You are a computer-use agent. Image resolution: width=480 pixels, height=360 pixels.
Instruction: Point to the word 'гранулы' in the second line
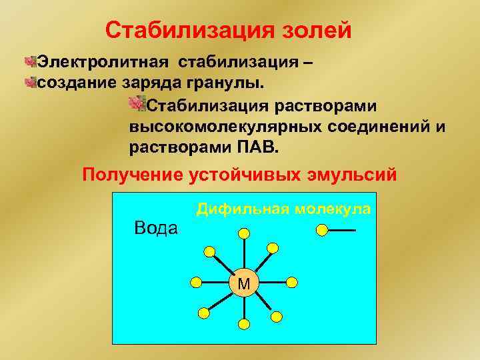pyautogui.click(x=231, y=83)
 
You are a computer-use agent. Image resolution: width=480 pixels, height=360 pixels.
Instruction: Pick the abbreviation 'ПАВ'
pyautogui.click(x=259, y=147)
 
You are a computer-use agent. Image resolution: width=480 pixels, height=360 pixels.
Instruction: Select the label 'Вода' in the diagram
pyautogui.click(x=156, y=228)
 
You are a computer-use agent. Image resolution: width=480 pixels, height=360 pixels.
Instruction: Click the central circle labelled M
pyautogui.click(x=244, y=284)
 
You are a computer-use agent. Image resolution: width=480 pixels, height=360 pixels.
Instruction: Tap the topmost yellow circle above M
pyautogui.click(x=244, y=233)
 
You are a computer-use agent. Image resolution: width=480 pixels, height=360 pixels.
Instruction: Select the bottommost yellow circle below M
pyautogui.click(x=244, y=325)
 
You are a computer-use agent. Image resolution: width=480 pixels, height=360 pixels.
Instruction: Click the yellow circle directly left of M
pyautogui.click(x=196, y=281)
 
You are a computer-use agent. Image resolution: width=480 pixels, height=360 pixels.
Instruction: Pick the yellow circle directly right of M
pyautogui.click(x=293, y=281)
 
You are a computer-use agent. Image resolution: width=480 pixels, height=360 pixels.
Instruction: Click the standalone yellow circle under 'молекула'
pyautogui.click(x=323, y=231)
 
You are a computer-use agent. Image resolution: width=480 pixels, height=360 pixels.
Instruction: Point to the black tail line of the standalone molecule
pyautogui.click(x=343, y=231)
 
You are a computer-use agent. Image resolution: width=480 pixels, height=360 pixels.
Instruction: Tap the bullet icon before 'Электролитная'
pyautogui.click(x=29, y=63)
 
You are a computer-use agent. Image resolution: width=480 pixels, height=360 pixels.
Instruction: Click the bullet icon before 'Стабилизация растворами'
pyautogui.click(x=137, y=104)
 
